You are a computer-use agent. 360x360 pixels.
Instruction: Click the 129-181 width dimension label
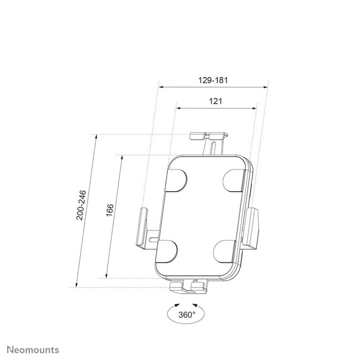pos(213,80)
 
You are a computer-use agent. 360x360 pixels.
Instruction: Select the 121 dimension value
pos(216,101)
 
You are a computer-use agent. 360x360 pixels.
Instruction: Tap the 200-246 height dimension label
pos(81,205)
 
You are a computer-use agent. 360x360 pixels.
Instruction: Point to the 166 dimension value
pos(110,212)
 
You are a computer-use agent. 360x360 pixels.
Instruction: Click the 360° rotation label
pos(187,315)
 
